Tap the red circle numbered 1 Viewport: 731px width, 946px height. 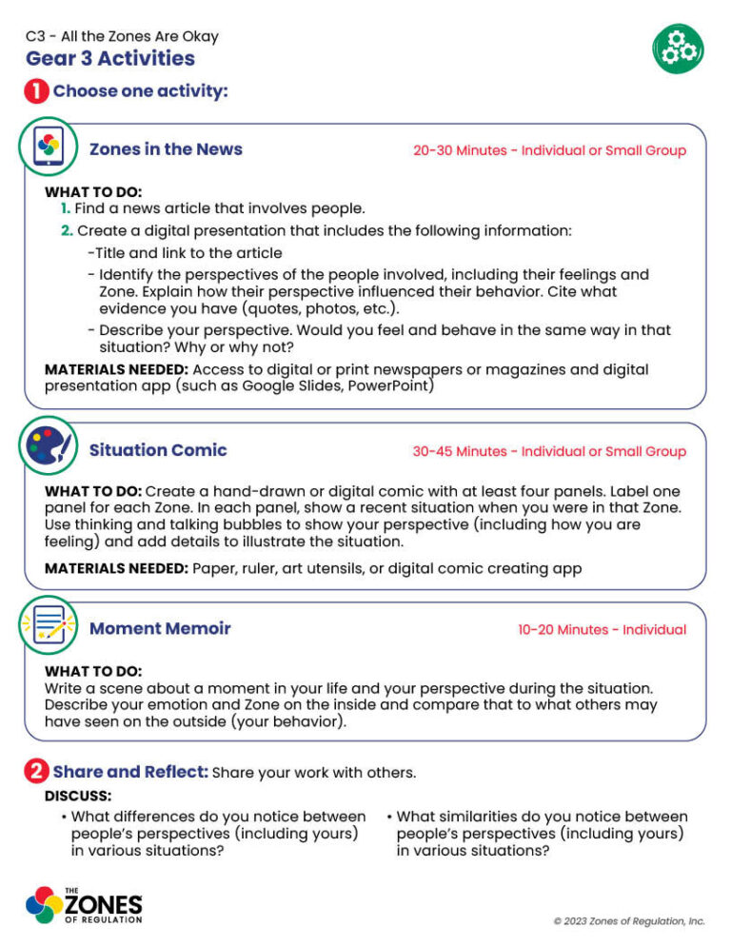(36, 92)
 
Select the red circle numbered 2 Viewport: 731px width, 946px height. (35, 772)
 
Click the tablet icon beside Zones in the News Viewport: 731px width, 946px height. (48, 149)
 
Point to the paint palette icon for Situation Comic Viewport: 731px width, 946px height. (48, 450)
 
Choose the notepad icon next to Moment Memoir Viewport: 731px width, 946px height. (48, 628)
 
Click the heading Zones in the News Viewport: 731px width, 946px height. (166, 149)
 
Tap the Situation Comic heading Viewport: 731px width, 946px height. (158, 450)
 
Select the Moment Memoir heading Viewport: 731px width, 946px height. (160, 629)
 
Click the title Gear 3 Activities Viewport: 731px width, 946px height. (110, 59)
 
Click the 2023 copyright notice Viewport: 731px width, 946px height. (629, 921)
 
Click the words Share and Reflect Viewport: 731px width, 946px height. (130, 772)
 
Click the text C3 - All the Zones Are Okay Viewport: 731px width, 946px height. (122, 36)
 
